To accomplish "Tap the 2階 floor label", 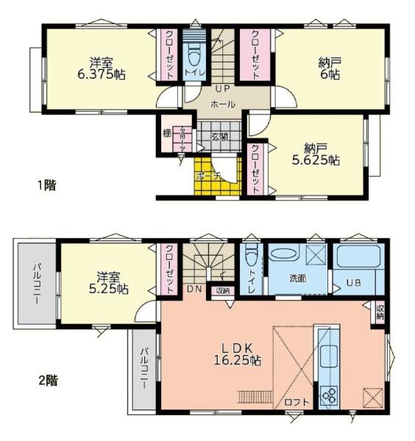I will (x=48, y=381).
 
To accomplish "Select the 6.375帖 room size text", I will (x=102, y=73).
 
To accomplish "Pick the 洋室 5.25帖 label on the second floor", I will (x=108, y=283).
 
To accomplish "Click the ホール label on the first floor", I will (x=223, y=104).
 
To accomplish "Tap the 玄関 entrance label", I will (x=219, y=137).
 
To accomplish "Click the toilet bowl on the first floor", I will (x=194, y=54).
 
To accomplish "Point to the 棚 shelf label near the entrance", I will (x=168, y=135).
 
